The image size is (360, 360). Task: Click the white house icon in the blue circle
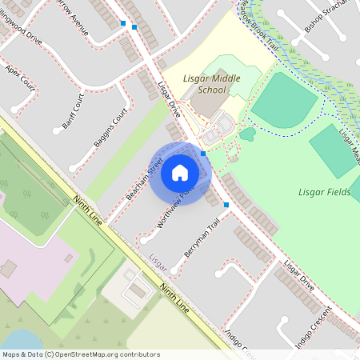[x=179, y=172]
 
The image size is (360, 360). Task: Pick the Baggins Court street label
[x=110, y=127]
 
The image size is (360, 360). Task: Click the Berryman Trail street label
[x=201, y=238]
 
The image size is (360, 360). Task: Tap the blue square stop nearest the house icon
[x=203, y=153]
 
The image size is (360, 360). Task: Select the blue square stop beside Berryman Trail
[x=226, y=206]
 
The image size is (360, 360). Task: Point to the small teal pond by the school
[x=247, y=134]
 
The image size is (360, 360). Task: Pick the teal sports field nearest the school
[x=284, y=100]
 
